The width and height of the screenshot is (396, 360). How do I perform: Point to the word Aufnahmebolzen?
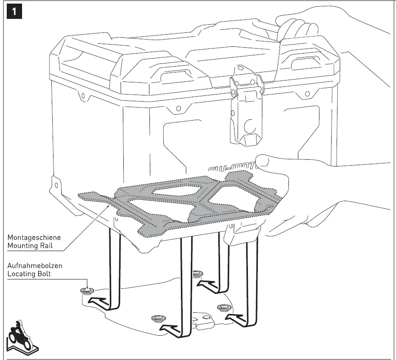(x=35, y=266)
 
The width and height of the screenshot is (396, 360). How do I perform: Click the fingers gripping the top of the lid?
(x=295, y=25)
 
